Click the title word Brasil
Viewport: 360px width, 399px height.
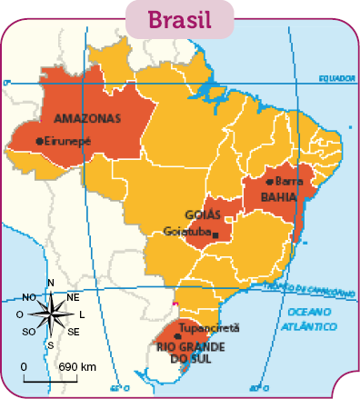pos(179,19)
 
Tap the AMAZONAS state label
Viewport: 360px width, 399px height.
pos(87,119)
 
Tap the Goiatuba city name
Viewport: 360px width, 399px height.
pos(186,232)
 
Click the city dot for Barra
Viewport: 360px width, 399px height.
pos(269,182)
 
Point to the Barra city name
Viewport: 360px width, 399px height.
pos(288,182)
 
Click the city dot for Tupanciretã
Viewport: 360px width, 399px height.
pos(176,335)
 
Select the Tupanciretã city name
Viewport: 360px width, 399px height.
pos(208,328)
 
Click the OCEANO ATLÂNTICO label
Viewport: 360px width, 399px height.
pos(311,317)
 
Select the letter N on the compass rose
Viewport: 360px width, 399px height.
pos(51,283)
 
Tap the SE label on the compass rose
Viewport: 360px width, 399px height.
pos(74,331)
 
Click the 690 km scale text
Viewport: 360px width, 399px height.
pos(77,366)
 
